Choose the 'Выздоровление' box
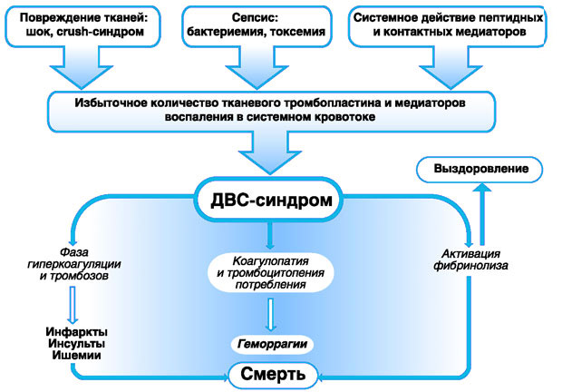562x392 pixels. coord(480,170)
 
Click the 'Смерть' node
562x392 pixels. coord(271,373)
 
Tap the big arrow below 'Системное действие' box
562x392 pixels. coord(444,65)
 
